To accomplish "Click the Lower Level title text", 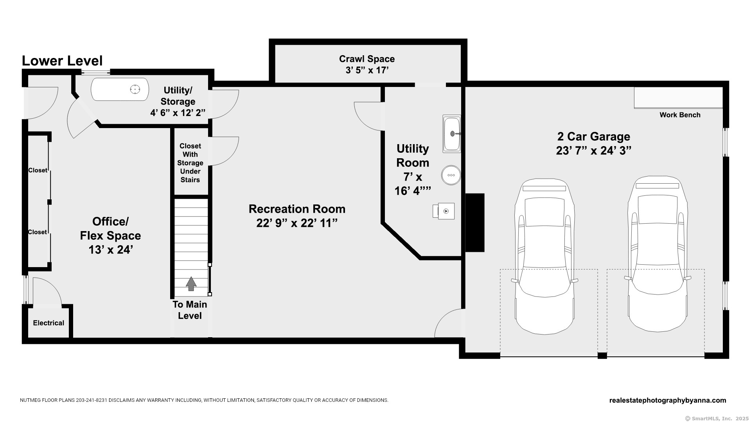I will click(62, 61).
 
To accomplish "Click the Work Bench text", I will click(680, 115).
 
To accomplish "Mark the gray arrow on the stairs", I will click(191, 284).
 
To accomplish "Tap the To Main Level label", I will click(190, 310).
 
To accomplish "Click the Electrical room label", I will click(49, 323).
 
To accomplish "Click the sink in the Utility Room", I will click(452, 134).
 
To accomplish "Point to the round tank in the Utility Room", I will click(451, 175).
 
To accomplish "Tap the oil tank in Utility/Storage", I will click(120, 89).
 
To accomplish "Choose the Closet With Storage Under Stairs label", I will click(190, 163).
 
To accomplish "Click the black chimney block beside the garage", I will click(475, 222).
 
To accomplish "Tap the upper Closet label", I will click(38, 170).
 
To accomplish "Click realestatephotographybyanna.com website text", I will click(667, 400).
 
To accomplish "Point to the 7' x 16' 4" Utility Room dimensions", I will click(413, 184).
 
